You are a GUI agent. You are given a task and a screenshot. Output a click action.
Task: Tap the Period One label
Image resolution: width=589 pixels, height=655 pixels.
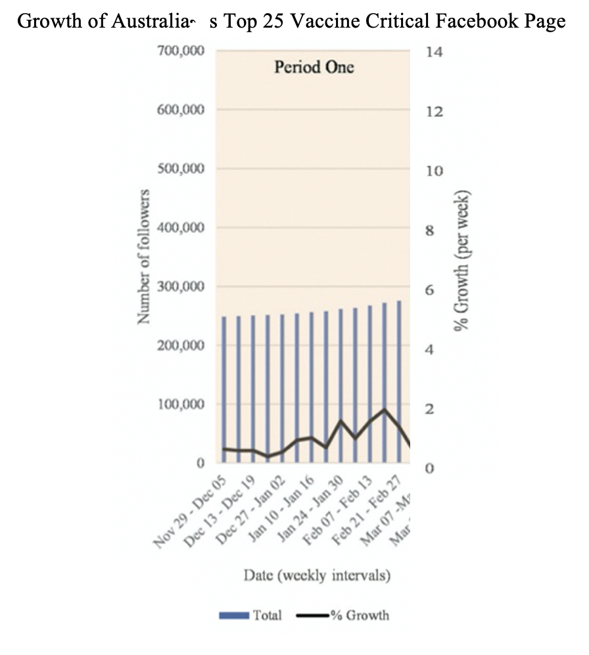[x=314, y=67]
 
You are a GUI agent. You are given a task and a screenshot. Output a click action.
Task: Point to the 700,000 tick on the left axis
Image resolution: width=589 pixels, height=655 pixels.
[x=181, y=51]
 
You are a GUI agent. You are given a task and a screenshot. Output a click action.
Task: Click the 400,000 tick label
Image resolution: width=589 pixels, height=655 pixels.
[x=181, y=228]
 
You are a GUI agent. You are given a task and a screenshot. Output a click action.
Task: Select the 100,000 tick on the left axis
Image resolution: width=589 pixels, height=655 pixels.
[x=181, y=404]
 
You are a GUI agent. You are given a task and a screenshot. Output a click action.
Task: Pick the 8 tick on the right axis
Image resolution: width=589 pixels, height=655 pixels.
[x=430, y=231]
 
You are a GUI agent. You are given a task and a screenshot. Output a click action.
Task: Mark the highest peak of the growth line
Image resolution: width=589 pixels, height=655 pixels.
[x=385, y=410]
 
